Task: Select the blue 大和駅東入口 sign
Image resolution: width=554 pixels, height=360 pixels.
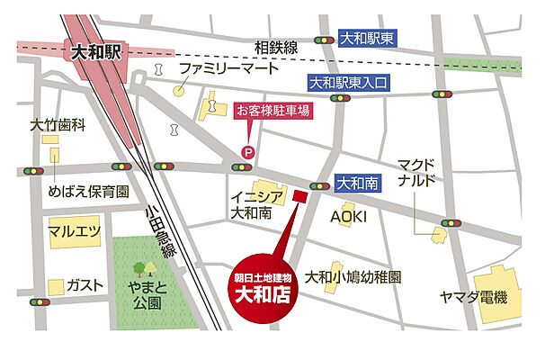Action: tap(348, 83)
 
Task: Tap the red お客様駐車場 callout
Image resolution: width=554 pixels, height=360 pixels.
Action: tap(273, 112)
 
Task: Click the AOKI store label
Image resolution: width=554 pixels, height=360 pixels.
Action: tap(348, 217)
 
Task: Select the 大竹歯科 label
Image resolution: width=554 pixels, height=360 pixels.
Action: tap(58, 126)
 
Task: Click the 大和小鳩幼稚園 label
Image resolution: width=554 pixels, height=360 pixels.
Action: tap(353, 276)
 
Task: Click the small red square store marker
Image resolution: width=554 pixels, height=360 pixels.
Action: tap(300, 195)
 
